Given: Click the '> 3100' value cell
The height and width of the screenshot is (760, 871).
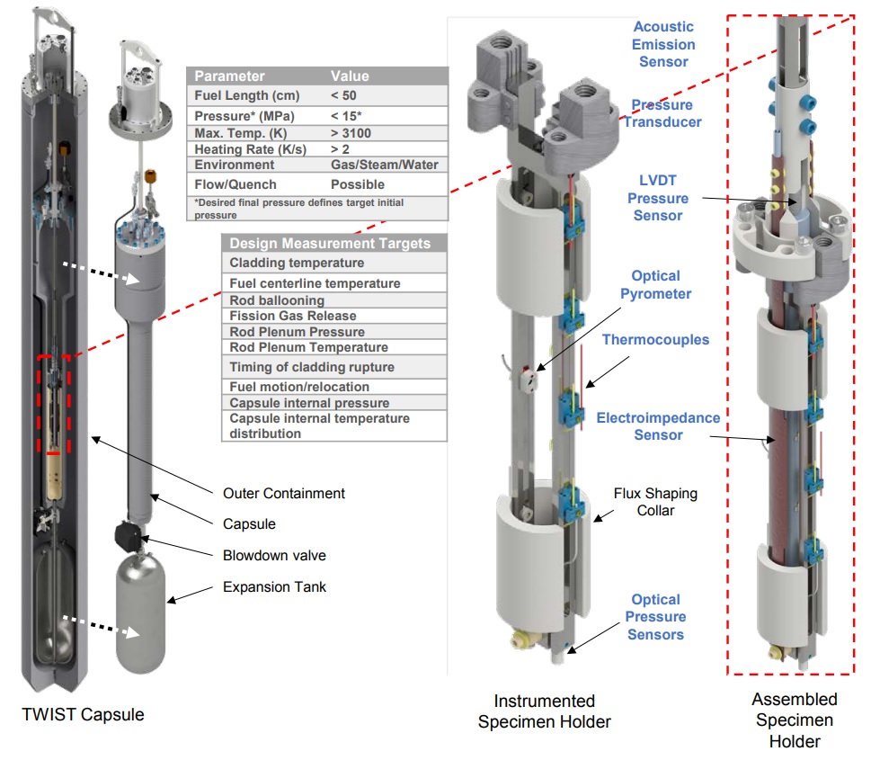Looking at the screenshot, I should tap(354, 133).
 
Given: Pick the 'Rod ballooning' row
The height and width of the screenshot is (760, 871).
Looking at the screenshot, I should tap(277, 300).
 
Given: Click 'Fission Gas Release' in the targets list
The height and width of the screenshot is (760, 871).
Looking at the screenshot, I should tap(293, 316).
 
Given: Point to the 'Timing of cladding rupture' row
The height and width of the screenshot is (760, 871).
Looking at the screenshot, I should tap(312, 367).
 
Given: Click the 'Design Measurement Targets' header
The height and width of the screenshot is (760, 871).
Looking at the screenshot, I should tap(330, 244).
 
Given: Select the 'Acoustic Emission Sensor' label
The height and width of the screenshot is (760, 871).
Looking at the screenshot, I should tap(663, 44).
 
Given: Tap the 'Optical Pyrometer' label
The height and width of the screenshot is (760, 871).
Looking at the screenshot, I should tap(655, 285).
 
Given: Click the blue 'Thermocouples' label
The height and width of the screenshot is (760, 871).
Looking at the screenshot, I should tap(655, 340).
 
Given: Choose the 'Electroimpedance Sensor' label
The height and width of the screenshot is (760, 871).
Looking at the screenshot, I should tap(658, 426).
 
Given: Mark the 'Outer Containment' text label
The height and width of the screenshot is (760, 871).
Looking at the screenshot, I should tap(284, 493).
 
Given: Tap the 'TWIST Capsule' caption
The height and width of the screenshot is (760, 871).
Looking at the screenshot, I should tap(82, 715).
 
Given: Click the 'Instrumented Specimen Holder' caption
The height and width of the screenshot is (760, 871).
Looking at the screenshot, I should tap(545, 711).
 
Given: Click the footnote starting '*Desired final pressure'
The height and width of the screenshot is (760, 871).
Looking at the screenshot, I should tap(298, 208).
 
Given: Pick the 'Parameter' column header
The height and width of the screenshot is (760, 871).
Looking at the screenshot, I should tap(230, 76).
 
